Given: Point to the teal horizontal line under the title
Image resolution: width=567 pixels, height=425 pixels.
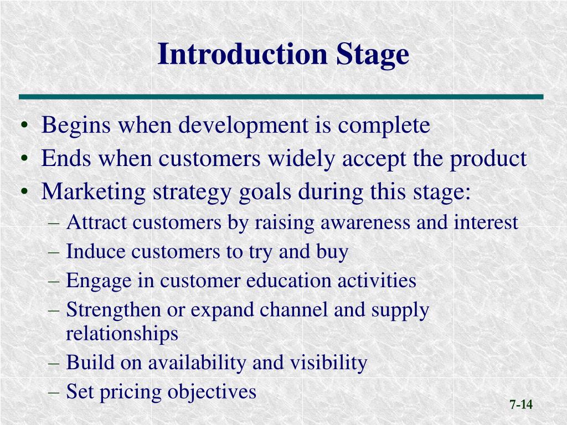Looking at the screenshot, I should pos(281,97).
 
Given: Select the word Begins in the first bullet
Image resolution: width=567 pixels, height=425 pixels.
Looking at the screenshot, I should pos(75,126).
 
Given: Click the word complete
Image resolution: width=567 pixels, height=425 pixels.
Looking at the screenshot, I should pos(384,126).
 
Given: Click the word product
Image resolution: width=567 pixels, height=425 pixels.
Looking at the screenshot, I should pos(488,159).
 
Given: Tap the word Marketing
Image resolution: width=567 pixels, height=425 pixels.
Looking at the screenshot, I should pos(93,193).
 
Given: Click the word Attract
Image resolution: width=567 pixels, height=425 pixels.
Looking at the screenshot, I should pos(97,223).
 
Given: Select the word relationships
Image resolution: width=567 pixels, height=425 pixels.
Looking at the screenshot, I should pos(122,334).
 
